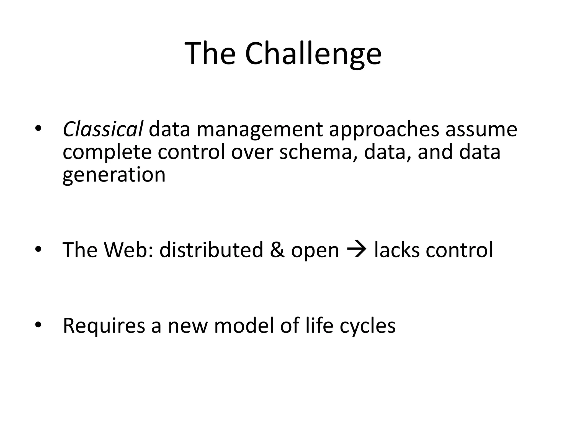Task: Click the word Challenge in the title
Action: [313, 54]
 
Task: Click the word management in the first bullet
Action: [260, 129]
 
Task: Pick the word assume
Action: [481, 129]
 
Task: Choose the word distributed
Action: [211, 250]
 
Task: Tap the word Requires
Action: [104, 326]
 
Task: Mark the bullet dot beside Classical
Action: [38, 128]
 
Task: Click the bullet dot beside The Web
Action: [38, 249]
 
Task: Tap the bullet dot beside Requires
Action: [38, 325]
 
